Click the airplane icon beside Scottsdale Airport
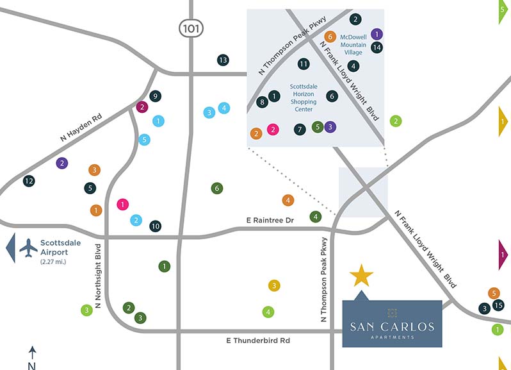pos(29,247)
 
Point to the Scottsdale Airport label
pos(61,248)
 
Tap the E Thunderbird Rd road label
pos(259,341)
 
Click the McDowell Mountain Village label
pos(353,44)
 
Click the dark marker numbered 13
pos(223,60)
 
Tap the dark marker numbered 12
pos(28,181)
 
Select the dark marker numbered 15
pos(499,305)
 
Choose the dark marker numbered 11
pos(304,63)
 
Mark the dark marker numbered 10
pos(155,226)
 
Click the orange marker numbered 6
pos(330,37)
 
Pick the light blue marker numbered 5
pos(145,139)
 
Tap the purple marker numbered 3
pos(329,126)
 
